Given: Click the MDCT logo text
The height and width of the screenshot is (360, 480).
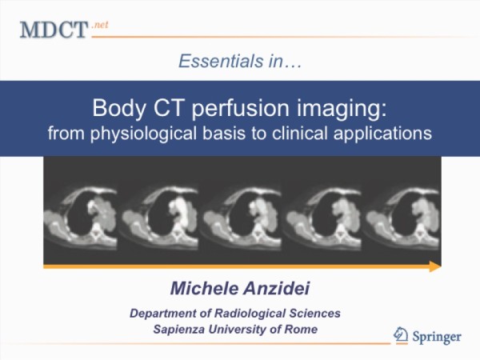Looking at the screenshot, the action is pos(54,30).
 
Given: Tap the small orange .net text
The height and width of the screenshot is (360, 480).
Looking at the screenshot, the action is pos(100,25).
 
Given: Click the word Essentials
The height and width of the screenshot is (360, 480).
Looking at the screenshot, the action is pos(221,61).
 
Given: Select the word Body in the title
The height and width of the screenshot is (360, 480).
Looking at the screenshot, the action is pos(119,108).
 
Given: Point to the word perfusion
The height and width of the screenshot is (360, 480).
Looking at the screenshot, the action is pos(240,109).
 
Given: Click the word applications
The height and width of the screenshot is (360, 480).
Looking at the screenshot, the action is pos(382,134).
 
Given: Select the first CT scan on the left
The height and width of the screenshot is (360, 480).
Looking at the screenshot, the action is pos(80,217).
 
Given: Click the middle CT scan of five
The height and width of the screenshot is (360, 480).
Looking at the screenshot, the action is pos(242,217).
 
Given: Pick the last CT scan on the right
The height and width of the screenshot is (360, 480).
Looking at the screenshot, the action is pos(403,217).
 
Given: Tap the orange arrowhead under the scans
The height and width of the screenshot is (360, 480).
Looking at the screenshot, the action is pos(435,266).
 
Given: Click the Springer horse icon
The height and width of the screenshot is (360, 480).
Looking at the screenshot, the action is pos(401,335).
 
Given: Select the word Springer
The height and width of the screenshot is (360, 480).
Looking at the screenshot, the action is pos(437,337).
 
